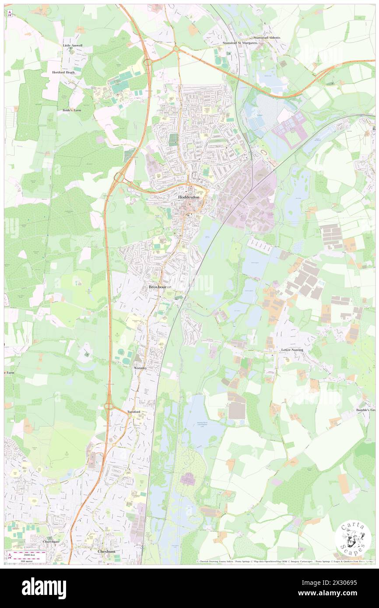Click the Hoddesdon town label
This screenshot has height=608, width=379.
pos(189,197)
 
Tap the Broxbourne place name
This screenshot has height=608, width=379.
pos(159,287)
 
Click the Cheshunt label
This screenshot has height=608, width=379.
pos(107,551)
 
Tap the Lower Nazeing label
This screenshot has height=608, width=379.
pos(292,350)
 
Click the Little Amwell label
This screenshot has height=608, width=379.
pos(72,45)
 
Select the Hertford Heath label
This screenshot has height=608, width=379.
pos(63,72)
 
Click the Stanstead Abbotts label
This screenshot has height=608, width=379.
pos(265,38)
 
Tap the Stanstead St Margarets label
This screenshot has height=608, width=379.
pos(240,43)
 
